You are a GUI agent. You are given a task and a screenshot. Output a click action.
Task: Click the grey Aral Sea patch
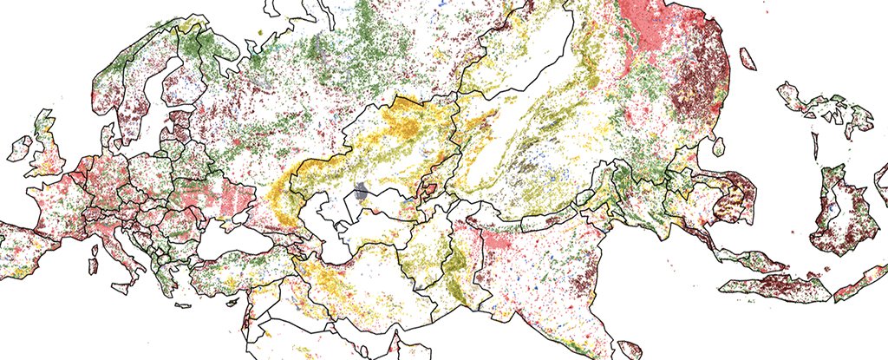pos(362,193)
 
